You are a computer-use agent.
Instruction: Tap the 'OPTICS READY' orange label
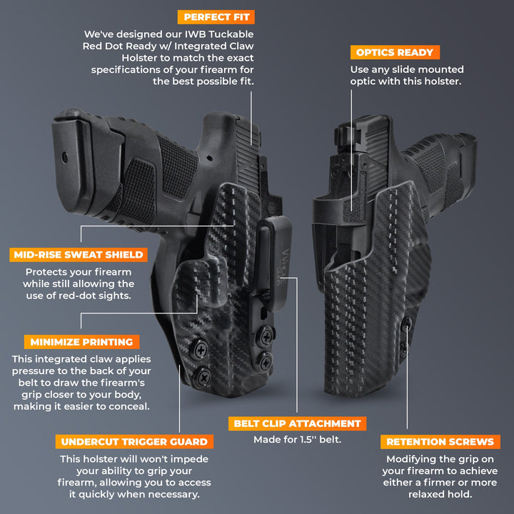coord(394,53)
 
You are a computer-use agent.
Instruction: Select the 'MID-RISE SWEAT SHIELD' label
coord(79,255)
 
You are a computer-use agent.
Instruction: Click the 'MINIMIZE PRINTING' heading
coord(81,342)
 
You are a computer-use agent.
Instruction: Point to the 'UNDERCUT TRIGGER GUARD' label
coord(134,442)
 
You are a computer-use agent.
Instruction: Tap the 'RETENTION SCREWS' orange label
coord(440,442)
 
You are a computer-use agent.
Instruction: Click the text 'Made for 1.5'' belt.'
coord(297,440)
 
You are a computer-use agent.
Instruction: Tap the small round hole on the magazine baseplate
coord(66,154)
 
